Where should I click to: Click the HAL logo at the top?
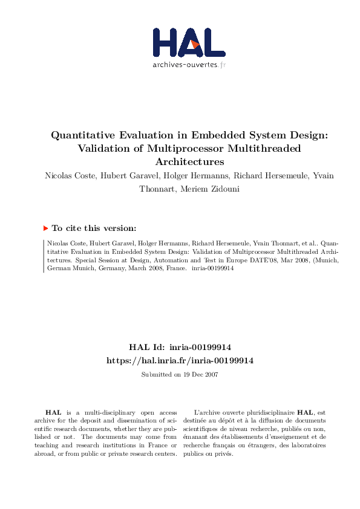point(189,43)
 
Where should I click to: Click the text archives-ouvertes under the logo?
point(185,64)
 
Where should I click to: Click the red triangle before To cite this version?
point(45,228)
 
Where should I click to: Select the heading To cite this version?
point(94,228)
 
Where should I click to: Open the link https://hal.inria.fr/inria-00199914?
point(180,360)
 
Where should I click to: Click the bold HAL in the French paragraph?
point(305,412)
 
